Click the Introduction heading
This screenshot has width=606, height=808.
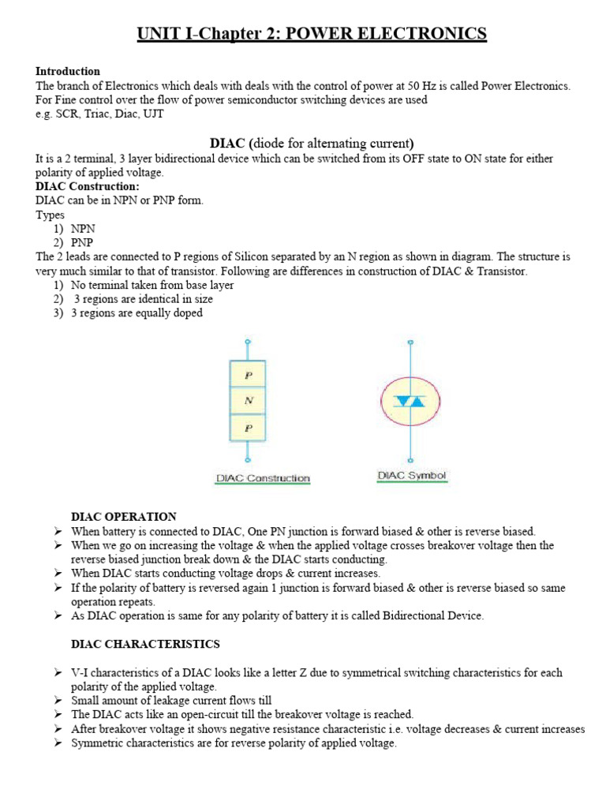[x=68, y=71]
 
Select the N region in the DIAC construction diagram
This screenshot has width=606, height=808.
[x=249, y=400]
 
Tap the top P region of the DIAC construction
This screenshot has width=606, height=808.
[x=249, y=375]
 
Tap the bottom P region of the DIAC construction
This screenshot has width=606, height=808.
[x=249, y=427]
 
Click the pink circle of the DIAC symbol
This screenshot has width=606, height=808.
[x=409, y=401]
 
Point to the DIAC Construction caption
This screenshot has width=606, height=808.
[x=263, y=478]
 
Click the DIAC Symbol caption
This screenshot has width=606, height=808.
[x=412, y=476]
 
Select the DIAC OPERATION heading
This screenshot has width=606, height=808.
[x=124, y=517]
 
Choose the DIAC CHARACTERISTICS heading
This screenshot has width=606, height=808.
[x=145, y=645]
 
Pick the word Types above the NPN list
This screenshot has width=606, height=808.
[x=50, y=215]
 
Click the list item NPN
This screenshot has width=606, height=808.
[x=84, y=229]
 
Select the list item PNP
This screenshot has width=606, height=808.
[x=83, y=243]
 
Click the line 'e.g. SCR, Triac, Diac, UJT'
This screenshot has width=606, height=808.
[x=100, y=114]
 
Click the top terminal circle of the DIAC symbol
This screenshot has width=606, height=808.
[x=409, y=342]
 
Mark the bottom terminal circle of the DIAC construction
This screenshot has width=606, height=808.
[x=249, y=459]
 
